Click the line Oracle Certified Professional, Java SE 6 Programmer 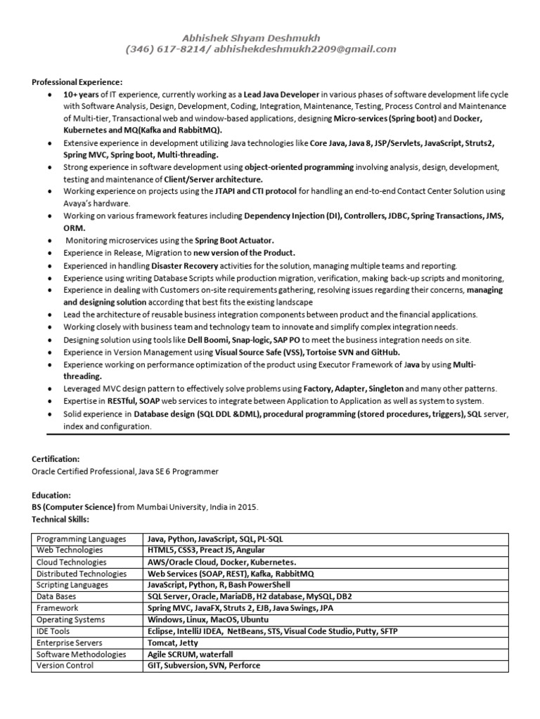coord(124,471)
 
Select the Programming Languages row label coord(81,539)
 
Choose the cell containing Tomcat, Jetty coord(171,643)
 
